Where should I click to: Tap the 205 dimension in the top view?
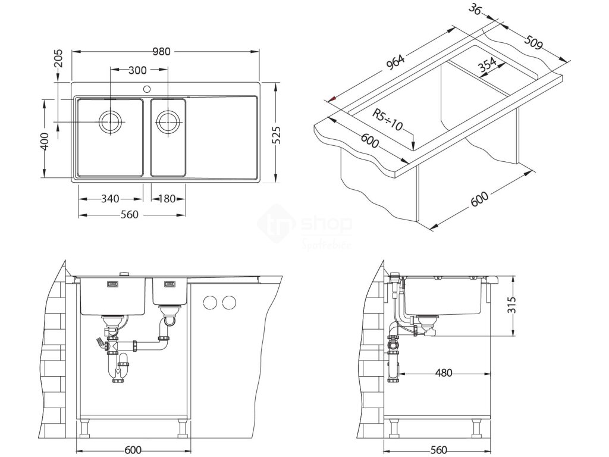[x=58, y=61]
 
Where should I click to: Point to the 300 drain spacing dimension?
[x=137, y=70]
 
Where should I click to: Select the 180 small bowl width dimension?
[x=167, y=199]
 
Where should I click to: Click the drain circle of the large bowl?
[x=111, y=122]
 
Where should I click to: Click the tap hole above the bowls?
[x=145, y=89]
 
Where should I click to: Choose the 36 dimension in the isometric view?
[x=475, y=10]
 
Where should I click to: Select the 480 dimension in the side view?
[x=444, y=373]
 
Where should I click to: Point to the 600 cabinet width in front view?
[x=133, y=450]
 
